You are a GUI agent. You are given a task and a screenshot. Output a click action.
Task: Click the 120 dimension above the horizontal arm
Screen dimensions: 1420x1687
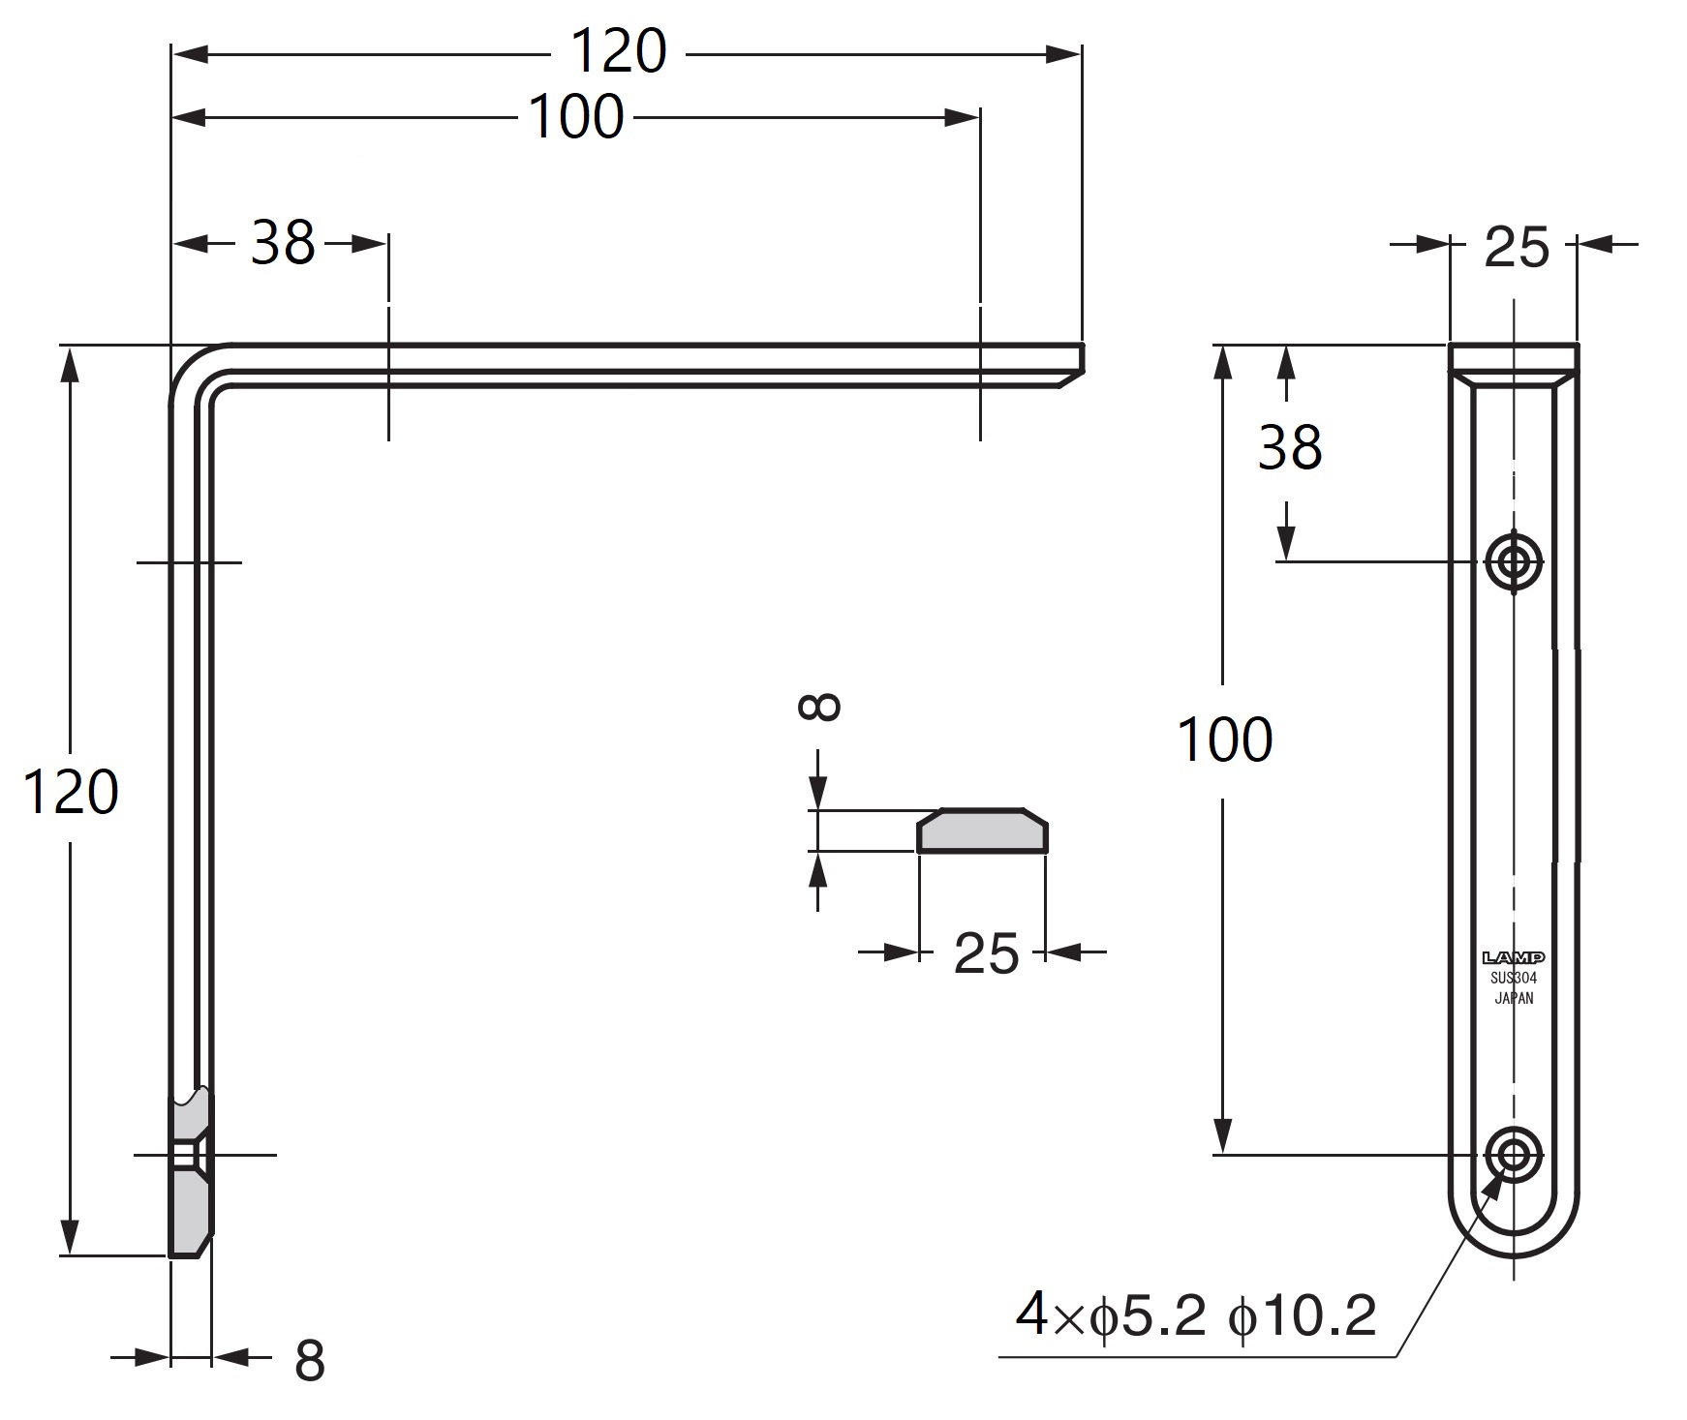click(619, 51)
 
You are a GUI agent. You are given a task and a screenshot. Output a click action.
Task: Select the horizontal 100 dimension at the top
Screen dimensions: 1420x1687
click(576, 117)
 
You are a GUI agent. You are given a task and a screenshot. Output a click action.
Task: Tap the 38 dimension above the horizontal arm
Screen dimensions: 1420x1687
click(283, 242)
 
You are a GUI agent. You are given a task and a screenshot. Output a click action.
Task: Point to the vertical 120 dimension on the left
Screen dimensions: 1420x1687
click(71, 791)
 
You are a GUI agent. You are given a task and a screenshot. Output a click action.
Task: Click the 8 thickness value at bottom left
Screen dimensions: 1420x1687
click(309, 1360)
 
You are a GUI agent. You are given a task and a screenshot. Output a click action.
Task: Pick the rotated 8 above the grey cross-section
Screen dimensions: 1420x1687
click(819, 706)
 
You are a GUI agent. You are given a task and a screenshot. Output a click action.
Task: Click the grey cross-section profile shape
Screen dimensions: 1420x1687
click(982, 831)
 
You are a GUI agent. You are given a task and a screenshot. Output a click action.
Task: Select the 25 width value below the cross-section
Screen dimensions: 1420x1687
click(986, 953)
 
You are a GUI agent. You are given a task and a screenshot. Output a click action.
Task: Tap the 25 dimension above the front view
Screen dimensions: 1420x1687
click(1516, 247)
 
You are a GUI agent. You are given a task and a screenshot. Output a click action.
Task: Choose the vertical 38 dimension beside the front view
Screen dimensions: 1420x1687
click(1289, 448)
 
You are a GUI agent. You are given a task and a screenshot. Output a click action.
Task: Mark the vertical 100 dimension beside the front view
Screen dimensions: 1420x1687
click(1224, 740)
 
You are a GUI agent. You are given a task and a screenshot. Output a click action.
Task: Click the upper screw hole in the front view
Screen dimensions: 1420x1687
click(1514, 560)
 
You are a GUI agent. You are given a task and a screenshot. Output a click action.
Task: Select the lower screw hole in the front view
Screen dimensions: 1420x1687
click(1514, 1153)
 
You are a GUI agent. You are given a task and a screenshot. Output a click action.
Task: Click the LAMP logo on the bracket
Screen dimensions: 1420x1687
click(1514, 957)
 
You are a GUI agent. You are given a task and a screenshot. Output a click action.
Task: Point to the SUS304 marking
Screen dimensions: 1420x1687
click(1514, 978)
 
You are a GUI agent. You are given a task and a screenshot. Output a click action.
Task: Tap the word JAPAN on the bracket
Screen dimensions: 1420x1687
click(1514, 998)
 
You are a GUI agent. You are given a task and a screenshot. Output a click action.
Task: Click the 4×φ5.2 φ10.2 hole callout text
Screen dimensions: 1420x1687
click(1196, 1315)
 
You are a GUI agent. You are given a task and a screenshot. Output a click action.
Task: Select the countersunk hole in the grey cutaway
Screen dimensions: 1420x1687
click(189, 1154)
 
